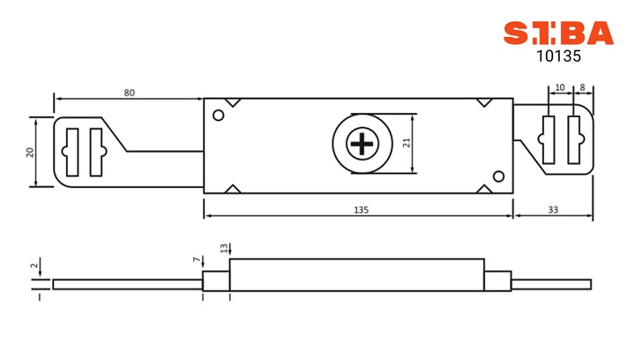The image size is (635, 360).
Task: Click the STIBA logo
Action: tap(558, 34)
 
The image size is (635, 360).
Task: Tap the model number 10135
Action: tap(558, 56)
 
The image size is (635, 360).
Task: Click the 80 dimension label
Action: tap(129, 93)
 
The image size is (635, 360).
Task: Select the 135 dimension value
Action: tap(362, 210)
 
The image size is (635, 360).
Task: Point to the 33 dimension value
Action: tap(553, 210)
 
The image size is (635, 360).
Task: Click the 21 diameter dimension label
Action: tap(407, 143)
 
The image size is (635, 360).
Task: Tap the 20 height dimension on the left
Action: tap(30, 153)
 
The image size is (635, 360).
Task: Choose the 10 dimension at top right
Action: tap(560, 87)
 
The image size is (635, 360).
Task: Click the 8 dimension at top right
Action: tap(582, 87)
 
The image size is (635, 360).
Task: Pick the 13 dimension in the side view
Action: tap(224, 248)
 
